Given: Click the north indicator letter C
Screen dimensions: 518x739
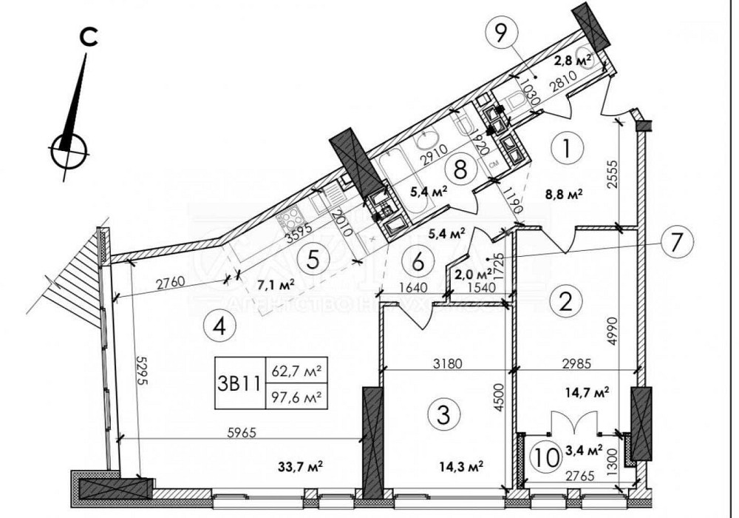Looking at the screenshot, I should pos(89,38).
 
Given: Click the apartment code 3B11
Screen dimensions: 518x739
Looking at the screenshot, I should pos(237,383).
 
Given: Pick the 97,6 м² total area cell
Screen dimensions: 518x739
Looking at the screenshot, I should pos(297,397).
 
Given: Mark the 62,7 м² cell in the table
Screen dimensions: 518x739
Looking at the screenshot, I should pos(297,370).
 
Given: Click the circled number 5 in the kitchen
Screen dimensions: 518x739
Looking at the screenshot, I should pos(313,260).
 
